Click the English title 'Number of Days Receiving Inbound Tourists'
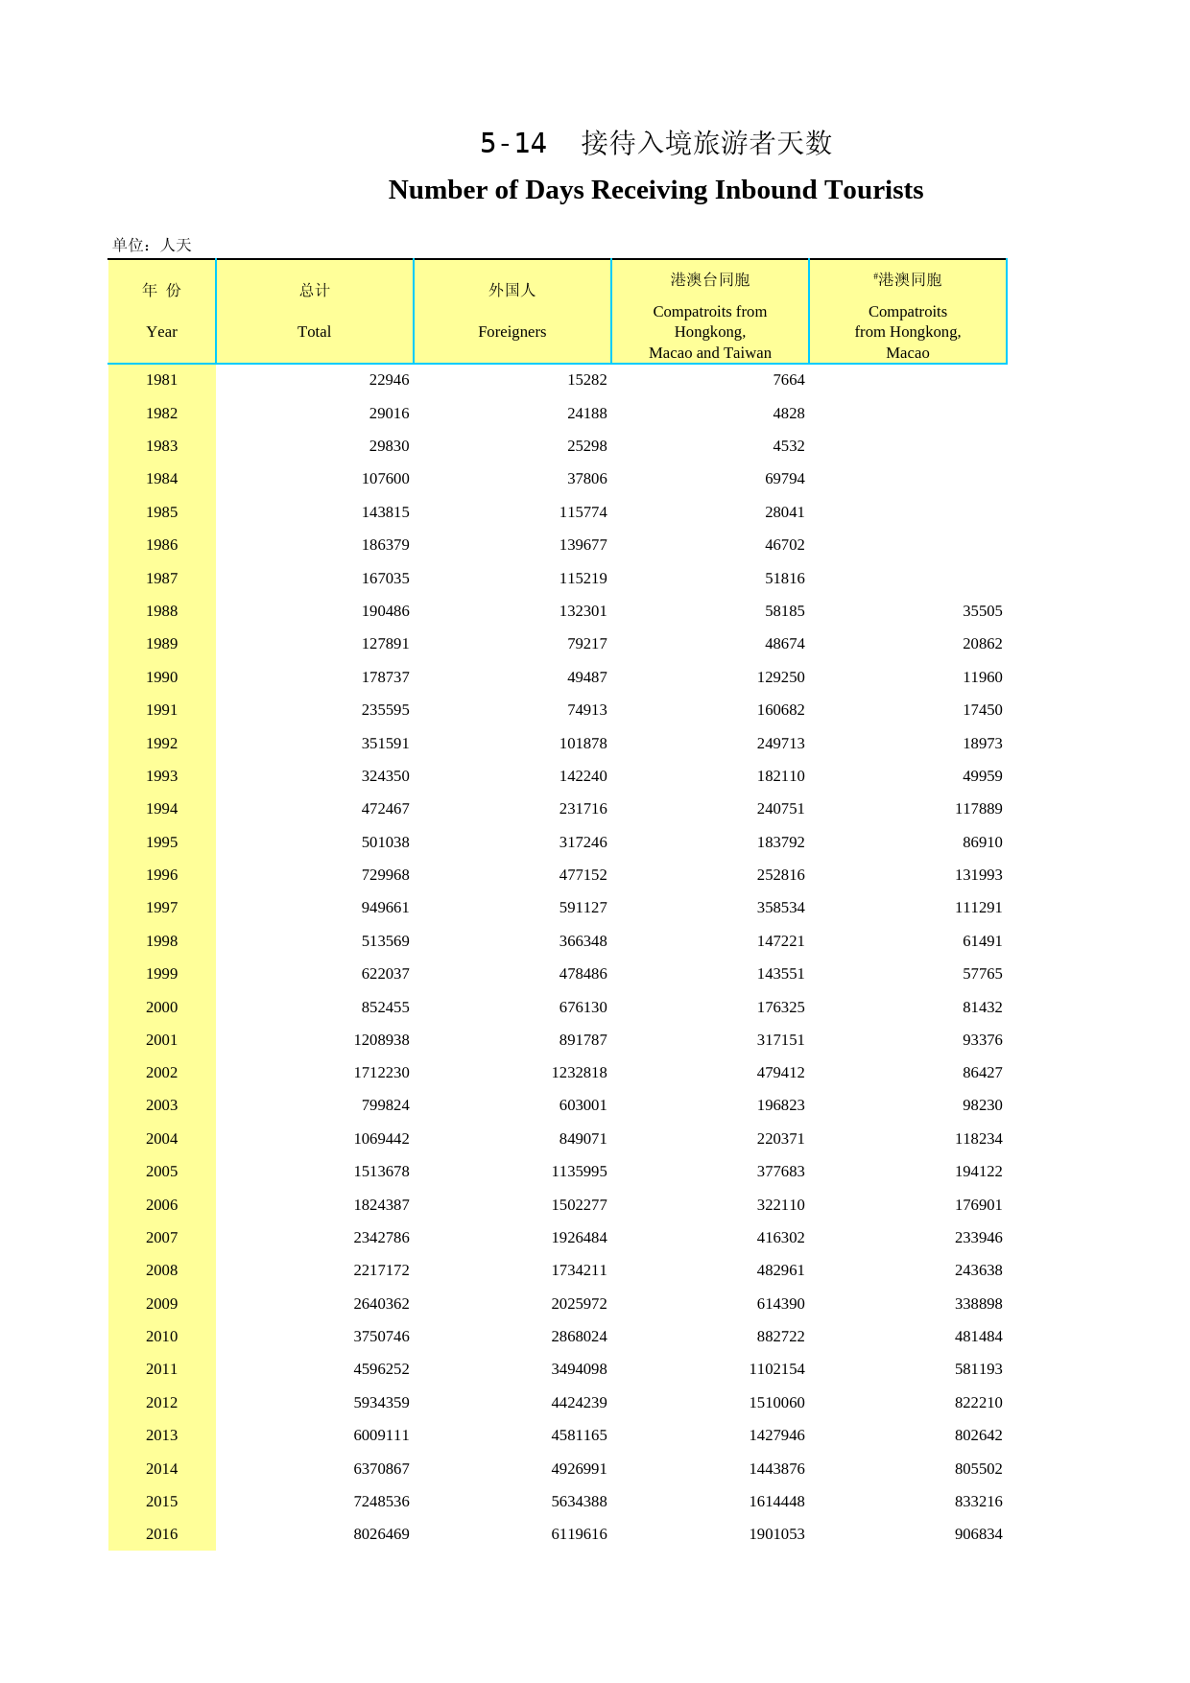point(655,190)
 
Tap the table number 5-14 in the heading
point(512,144)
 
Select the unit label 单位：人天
point(152,245)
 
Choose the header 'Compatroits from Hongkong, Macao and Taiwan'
point(709,331)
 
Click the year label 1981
point(161,380)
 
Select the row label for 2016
point(161,1533)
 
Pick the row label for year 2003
point(161,1105)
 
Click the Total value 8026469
point(381,1533)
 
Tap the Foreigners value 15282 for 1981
point(586,380)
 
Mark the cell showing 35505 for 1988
point(982,611)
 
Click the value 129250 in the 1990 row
point(780,677)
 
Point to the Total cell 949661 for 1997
point(385,908)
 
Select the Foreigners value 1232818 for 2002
point(579,1073)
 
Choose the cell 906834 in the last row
point(978,1533)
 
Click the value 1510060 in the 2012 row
point(776,1402)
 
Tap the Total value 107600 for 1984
point(385,479)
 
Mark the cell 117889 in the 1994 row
point(978,809)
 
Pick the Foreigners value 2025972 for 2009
point(579,1303)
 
